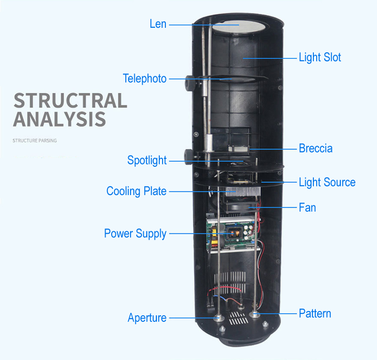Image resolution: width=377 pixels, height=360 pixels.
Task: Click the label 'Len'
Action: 158,24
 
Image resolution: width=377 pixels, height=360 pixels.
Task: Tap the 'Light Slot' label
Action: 320,57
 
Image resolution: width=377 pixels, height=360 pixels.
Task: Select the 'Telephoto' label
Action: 145,78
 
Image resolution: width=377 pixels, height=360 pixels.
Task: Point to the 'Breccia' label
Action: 315,148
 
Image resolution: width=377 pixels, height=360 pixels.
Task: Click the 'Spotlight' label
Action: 147,160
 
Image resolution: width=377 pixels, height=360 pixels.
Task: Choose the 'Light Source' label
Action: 327,182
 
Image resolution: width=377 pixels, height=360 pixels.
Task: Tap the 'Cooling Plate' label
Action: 136,191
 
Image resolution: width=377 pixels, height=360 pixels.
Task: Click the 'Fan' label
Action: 307,207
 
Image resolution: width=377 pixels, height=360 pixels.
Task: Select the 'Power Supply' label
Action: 135,233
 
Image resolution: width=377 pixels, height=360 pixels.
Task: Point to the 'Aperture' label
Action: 147,318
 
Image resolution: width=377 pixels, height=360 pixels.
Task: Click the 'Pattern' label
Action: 315,313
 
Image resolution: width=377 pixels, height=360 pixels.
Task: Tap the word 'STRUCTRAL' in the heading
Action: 70,101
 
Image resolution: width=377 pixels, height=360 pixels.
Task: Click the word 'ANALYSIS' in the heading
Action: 59,119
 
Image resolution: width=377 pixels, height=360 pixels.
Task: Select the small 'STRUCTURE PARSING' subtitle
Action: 34,140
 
